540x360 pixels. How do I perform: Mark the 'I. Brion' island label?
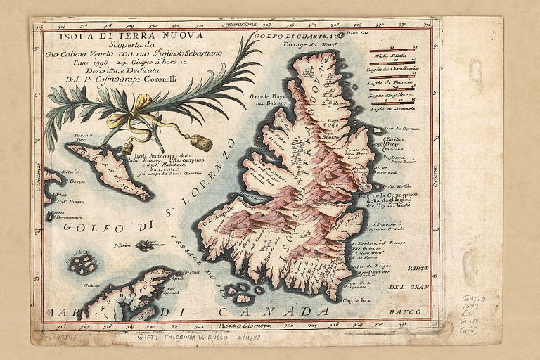[x=122, y=246]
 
